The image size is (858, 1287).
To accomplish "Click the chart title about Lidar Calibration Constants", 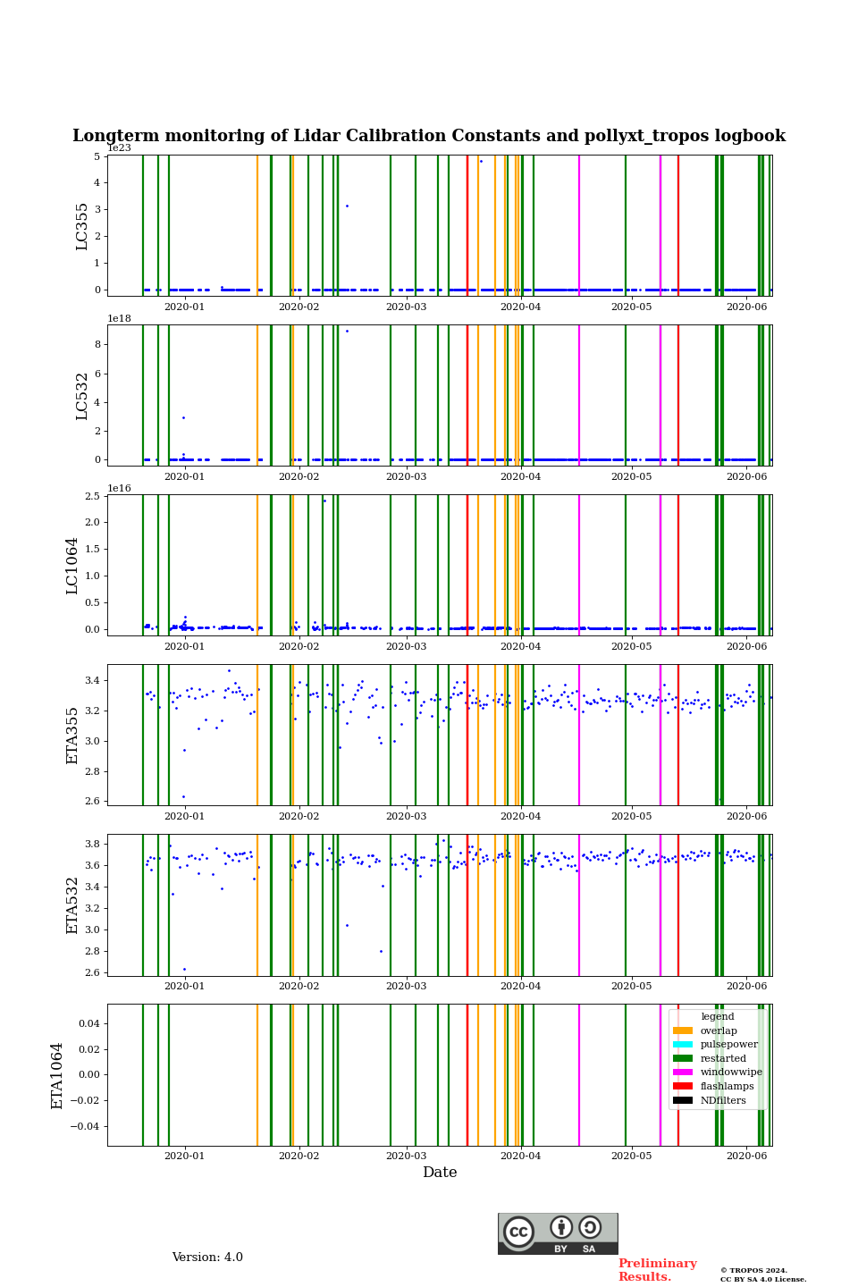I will [429, 136].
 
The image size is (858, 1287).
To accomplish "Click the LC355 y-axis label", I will [82, 226].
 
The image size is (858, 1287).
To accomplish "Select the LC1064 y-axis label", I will [72, 566].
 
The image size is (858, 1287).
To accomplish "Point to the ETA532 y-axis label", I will [72, 905].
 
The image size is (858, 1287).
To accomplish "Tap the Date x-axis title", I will [440, 1173].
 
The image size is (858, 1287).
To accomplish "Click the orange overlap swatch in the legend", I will [683, 1031].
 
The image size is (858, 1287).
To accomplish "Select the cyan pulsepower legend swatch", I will [683, 1045].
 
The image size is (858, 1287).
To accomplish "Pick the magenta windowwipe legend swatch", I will [683, 1072].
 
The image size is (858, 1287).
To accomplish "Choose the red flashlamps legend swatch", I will [683, 1087].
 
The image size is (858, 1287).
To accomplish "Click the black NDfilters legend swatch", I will [683, 1100].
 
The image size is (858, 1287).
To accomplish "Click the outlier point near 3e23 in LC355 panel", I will [347, 206].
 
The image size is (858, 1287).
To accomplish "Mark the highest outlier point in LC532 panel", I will [347, 332].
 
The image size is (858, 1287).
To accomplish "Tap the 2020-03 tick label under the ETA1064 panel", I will [406, 1157].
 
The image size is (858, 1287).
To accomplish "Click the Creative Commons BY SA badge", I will [558, 1233].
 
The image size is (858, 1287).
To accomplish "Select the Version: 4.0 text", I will [207, 1258].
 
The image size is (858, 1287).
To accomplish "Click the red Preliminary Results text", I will [657, 1270].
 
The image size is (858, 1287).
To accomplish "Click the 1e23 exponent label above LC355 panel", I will [119, 148].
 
